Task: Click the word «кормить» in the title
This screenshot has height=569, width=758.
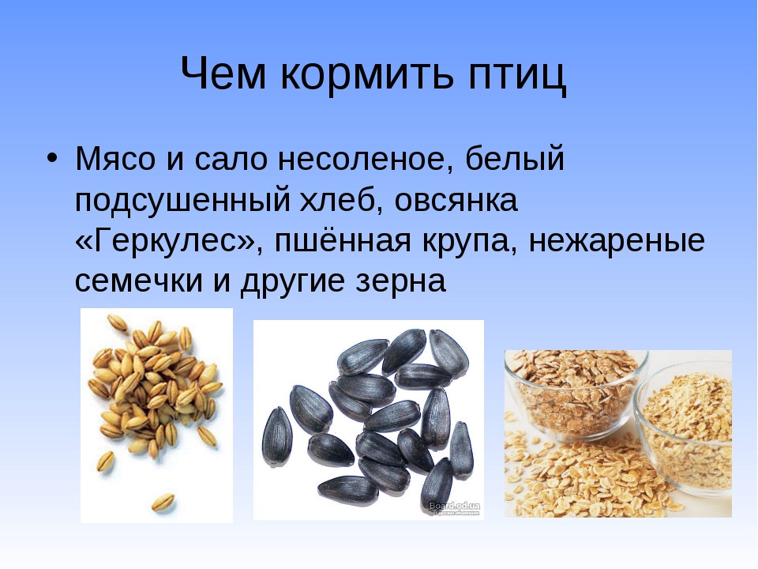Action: [x=367, y=73]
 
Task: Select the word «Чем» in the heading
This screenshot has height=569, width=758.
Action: [x=223, y=73]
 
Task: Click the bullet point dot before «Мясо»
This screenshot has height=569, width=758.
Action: [x=52, y=158]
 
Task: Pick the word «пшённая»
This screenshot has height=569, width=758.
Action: [x=343, y=240]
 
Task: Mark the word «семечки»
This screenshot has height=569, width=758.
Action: [x=139, y=281]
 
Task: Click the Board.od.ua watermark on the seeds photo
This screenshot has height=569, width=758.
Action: [x=455, y=507]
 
